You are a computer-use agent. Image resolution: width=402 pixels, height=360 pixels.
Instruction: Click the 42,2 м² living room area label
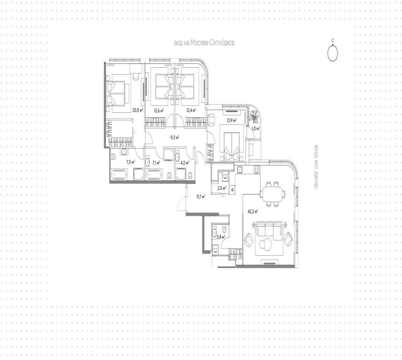pyautogui.click(x=253, y=212)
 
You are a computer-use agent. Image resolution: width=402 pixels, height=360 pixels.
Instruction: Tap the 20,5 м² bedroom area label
pyautogui.click(x=138, y=110)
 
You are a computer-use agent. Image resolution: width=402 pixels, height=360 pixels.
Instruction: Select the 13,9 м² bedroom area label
pyautogui.click(x=231, y=120)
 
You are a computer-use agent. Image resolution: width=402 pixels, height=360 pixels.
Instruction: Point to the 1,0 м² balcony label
pyautogui.click(x=256, y=129)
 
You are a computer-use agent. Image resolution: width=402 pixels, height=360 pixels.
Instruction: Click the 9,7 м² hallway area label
pyautogui.click(x=201, y=197)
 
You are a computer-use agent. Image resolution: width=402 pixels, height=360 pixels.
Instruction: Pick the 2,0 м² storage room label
pyautogui.click(x=222, y=188)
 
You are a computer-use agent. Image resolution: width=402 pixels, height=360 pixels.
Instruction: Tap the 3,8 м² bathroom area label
pyautogui.click(x=221, y=237)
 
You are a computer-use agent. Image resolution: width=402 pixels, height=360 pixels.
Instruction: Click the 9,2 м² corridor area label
pyautogui.click(x=175, y=137)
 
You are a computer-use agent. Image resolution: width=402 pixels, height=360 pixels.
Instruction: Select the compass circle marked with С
pyautogui.click(x=333, y=53)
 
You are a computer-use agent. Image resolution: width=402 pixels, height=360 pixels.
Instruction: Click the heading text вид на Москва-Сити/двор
pyautogui.click(x=204, y=43)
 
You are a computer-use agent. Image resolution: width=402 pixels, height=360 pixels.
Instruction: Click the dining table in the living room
pyautogui.click(x=272, y=194)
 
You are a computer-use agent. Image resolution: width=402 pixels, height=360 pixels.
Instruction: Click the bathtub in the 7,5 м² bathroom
pyautogui.click(x=119, y=175)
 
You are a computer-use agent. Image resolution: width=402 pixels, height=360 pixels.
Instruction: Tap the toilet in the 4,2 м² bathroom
pyautogui.click(x=190, y=175)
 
